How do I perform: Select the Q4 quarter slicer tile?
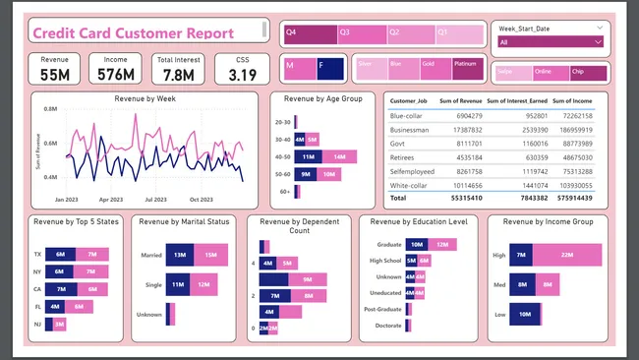coord(307,32)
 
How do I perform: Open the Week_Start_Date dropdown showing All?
coord(551,42)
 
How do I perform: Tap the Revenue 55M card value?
coord(55,75)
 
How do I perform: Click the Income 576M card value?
coord(116,75)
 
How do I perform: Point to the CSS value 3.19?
coord(242,75)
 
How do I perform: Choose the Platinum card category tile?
coord(467,68)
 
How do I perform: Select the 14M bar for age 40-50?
coord(338,157)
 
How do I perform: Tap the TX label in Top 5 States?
coord(36,255)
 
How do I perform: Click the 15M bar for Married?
coord(209,256)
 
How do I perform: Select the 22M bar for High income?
coord(566,256)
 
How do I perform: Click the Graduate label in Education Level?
coord(387,244)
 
